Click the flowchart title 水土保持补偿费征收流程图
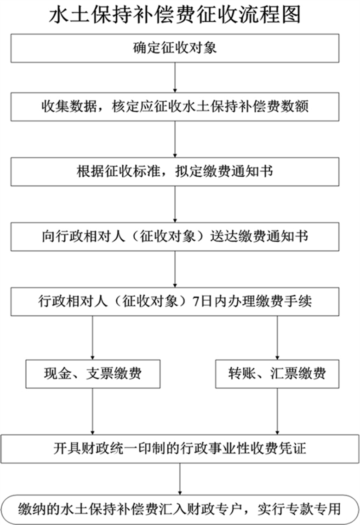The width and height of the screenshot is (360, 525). click(x=175, y=15)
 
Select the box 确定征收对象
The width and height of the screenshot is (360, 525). click(x=175, y=47)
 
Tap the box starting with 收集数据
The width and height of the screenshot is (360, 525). click(x=175, y=107)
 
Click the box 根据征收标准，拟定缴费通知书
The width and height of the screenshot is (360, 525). click(x=175, y=172)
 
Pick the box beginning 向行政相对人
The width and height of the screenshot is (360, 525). click(x=175, y=237)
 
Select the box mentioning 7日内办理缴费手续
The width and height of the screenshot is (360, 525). click(x=175, y=302)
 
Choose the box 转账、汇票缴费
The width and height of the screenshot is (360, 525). click(x=277, y=373)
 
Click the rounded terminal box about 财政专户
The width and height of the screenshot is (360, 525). click(x=179, y=509)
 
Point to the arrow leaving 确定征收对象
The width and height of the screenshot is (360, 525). click(x=175, y=77)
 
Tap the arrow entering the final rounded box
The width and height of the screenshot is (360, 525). click(x=179, y=479)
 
